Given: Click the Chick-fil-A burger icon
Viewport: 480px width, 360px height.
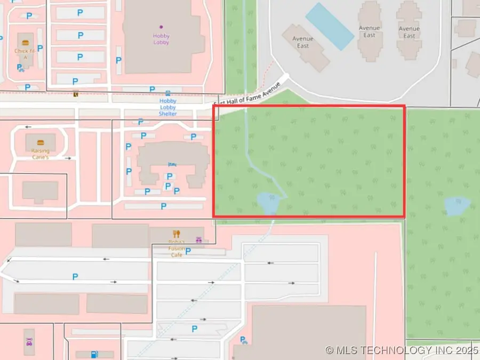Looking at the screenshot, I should (x=25, y=42).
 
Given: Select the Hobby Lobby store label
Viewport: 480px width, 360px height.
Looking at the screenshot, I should (x=161, y=39).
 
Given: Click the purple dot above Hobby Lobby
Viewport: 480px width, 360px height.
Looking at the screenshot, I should (x=161, y=27).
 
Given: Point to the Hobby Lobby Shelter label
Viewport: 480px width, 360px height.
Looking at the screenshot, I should (x=167, y=107).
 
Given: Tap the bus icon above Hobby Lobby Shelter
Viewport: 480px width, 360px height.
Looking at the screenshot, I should (x=167, y=93).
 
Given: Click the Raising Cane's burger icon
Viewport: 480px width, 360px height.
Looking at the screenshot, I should (x=40, y=142).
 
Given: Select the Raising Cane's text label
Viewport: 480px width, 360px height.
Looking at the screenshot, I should (x=40, y=154).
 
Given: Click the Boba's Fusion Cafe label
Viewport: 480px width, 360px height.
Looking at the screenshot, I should (x=177, y=249).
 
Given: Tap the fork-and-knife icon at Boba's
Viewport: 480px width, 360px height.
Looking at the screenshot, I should (x=177, y=234).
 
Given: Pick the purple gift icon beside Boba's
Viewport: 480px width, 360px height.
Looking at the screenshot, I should (x=199, y=240).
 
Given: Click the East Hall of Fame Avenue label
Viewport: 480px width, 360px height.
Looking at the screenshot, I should (x=246, y=94).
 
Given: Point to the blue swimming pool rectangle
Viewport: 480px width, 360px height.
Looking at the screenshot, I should (x=330, y=26).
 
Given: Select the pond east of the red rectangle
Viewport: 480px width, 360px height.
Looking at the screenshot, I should (x=458, y=205).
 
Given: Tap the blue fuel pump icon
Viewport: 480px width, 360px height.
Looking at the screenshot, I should (x=94, y=354).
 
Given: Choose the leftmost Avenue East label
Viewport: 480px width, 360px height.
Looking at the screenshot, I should (x=303, y=43).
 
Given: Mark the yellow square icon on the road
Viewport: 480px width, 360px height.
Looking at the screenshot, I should (x=76, y=94).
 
